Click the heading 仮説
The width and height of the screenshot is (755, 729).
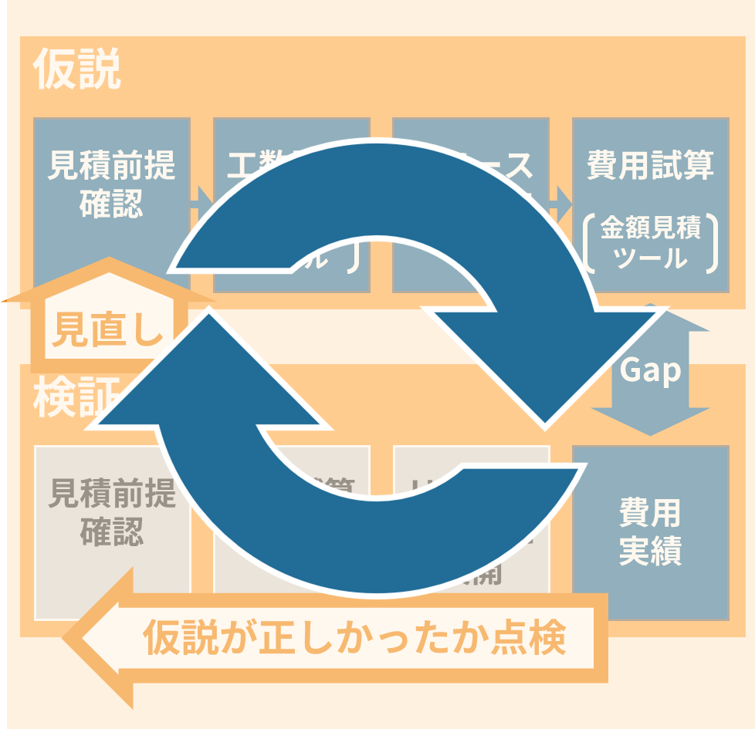point(77,71)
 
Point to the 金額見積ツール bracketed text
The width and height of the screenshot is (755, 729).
point(651,243)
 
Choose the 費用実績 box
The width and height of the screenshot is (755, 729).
point(650,532)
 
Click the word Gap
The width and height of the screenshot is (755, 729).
point(651,371)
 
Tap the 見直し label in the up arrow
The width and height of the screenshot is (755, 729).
point(108,331)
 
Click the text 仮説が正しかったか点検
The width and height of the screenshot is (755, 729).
point(355,638)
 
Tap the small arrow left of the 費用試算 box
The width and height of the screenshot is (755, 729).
point(562,202)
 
